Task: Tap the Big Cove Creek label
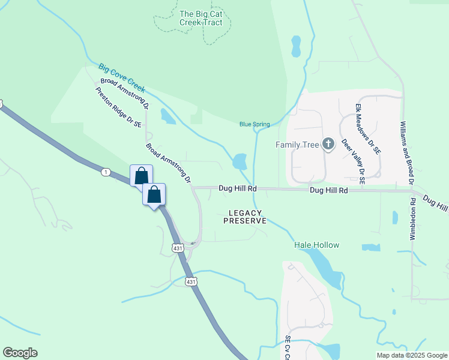tap(122, 77)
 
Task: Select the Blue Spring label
tap(255, 124)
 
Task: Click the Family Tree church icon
tap(328, 143)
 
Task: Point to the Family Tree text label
tap(297, 145)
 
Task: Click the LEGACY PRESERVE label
tap(245, 217)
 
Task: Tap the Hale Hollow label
tap(316, 245)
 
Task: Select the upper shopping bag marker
tap(141, 176)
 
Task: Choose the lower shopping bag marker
tap(154, 194)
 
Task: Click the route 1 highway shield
tap(106, 172)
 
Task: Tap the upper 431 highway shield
tap(178, 247)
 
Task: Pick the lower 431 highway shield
tap(190, 281)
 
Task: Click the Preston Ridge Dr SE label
tap(118, 107)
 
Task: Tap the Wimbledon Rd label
tap(413, 220)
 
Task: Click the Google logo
tap(20, 353)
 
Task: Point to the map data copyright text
tap(411, 355)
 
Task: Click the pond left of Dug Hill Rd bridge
tap(240, 161)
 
